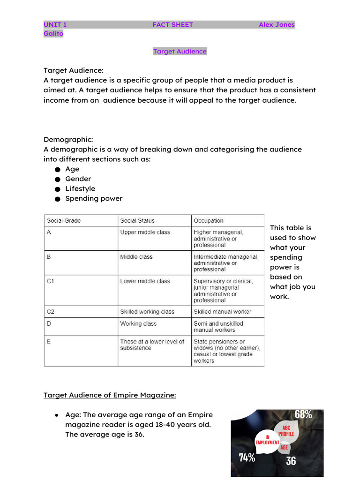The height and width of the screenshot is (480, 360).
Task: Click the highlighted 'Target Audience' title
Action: [180, 52]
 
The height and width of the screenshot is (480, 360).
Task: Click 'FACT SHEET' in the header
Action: [172, 25]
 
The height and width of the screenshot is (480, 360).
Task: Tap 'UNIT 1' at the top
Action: [55, 25]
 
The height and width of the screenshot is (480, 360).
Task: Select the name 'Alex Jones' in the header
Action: [277, 25]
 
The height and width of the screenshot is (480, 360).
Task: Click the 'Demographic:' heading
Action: [68, 140]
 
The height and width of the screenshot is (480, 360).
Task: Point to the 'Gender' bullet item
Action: [78, 179]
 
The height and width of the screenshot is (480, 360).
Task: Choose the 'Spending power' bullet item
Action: [94, 199]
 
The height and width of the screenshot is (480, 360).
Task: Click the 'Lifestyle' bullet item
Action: [80, 189]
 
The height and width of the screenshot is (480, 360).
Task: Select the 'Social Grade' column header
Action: [64, 221]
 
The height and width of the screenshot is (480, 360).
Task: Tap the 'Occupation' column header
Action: [209, 221]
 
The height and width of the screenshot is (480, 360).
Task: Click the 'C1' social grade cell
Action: [51, 281]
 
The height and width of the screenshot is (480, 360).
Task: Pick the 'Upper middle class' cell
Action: [145, 232]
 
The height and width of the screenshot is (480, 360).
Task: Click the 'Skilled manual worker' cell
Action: [223, 312]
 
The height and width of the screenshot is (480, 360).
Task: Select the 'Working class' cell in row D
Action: [138, 324]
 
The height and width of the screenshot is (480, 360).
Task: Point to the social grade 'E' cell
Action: [49, 342]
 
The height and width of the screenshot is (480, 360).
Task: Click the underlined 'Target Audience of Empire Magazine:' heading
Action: [110, 395]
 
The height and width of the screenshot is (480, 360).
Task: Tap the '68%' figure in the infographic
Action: [303, 415]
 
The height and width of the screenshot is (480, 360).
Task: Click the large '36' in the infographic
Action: [291, 461]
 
